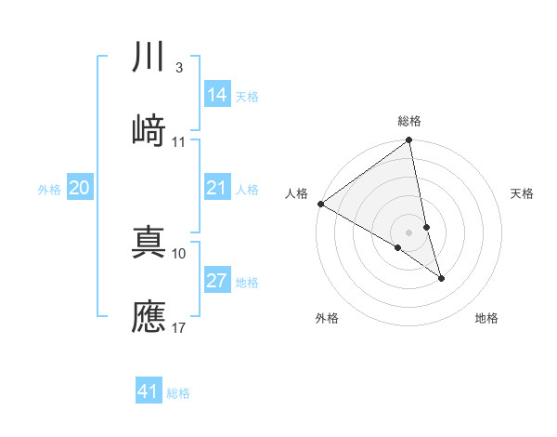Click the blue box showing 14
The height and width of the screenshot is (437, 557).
tap(217, 95)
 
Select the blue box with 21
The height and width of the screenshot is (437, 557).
tap(217, 189)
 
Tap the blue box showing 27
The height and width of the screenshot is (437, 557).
tap(217, 282)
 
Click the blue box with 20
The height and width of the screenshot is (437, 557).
tap(80, 189)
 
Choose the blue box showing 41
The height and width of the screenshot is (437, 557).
tap(149, 392)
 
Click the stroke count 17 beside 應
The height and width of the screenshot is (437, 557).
tap(180, 327)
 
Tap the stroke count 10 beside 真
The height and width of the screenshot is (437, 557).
tap(180, 253)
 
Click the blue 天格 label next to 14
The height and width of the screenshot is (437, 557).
tap(247, 96)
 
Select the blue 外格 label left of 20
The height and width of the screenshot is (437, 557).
tap(49, 190)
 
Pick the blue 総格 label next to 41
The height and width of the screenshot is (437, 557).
tap(178, 393)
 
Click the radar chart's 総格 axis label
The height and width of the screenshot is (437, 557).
tap(409, 121)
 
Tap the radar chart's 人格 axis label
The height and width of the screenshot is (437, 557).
tap(296, 193)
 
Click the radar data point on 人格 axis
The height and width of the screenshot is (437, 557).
tap(320, 204)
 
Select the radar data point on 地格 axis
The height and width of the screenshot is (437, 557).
tap(441, 278)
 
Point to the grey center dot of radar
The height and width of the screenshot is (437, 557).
tap(409, 231)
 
